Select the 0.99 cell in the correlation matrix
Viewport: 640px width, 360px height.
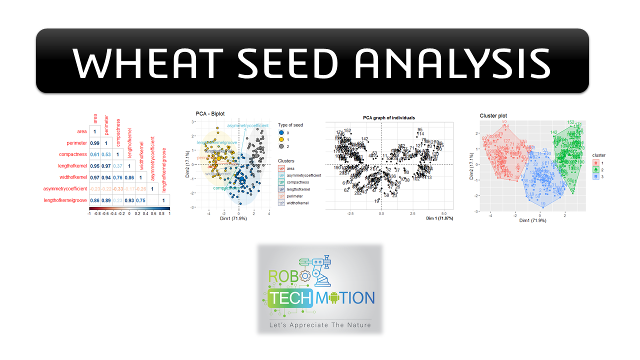pyautogui.click(x=95, y=143)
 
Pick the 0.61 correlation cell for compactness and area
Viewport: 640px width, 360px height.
pyautogui.click(x=95, y=154)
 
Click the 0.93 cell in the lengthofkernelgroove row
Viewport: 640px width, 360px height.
pyautogui.click(x=129, y=200)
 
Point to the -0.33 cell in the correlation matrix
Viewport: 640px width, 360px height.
pyautogui.click(x=118, y=188)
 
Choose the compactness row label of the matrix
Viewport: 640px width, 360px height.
pyautogui.click(x=72, y=154)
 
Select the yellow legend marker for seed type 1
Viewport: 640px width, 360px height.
pyautogui.click(x=282, y=139)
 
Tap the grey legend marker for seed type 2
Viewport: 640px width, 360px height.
pyautogui.click(x=282, y=146)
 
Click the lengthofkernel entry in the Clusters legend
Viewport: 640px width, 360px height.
pyautogui.click(x=299, y=189)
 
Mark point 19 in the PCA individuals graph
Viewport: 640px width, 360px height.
pyautogui.click(x=376, y=201)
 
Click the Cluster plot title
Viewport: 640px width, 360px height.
pyautogui.click(x=495, y=115)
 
